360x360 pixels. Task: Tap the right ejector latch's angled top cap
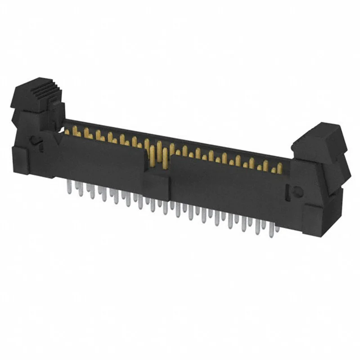[x=320, y=135]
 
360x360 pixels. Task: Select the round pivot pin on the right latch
[x=297, y=191]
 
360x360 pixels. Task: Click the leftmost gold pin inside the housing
[x=67, y=131]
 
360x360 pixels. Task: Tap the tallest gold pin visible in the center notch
[x=159, y=153]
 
